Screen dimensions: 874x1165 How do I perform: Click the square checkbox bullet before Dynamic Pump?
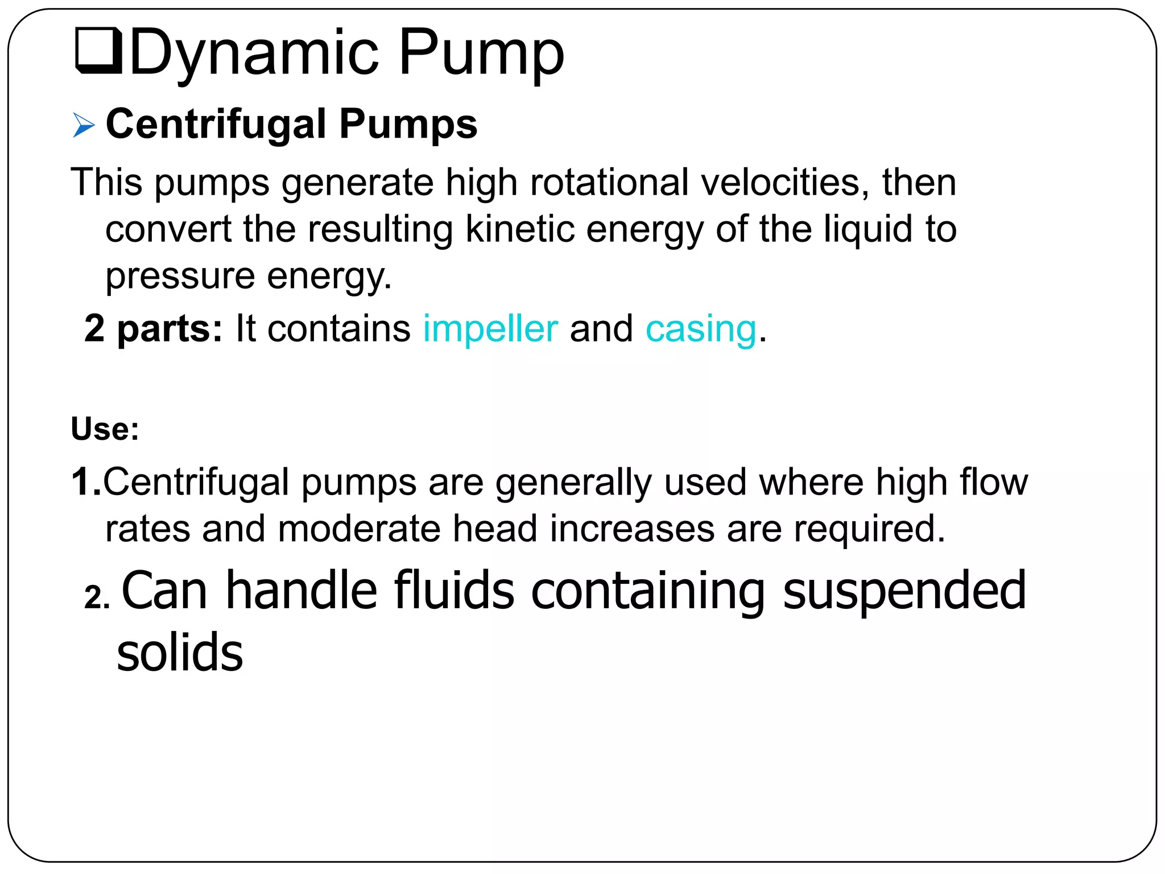98,51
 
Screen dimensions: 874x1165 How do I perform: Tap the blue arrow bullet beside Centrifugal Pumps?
84,125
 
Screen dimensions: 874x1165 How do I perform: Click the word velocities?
785,183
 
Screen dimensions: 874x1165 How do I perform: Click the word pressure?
180,277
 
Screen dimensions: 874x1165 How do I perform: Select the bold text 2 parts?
153,329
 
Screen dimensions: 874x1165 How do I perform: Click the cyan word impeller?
490,329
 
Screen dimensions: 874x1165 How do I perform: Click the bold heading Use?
105,429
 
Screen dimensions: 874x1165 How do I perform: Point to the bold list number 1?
85,482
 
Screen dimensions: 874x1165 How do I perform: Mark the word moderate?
359,529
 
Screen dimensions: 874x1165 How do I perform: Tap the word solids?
180,653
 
